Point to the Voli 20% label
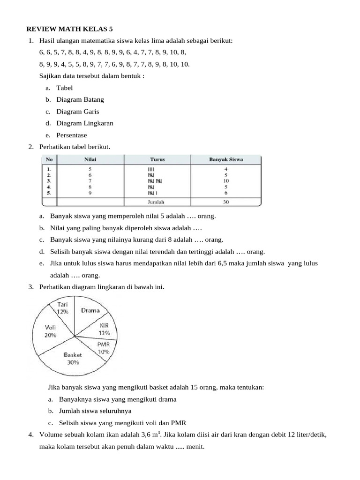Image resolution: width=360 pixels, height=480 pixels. tap(50, 331)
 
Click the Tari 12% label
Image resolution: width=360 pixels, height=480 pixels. tap(62, 308)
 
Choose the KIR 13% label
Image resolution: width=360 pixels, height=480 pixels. tap(104, 329)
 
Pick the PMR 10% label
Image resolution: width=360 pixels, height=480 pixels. tap(104, 348)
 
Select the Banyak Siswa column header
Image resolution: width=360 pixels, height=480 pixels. tap(225, 159)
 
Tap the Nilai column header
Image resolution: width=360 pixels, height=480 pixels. tap(90, 159)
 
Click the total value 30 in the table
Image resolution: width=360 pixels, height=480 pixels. tap(225, 202)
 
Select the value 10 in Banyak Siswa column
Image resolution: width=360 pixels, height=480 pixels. tap(225, 180)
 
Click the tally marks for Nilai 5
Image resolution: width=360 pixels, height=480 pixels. tap(151, 169)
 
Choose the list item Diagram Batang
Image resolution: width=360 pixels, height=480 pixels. tap(80, 99)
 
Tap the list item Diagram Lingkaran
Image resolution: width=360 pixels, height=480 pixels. tap(85, 123)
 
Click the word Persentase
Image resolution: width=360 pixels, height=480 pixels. tap(72, 135)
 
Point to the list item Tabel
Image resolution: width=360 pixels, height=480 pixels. tap(65, 88)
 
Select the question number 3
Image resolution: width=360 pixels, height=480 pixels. tap(31, 287)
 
